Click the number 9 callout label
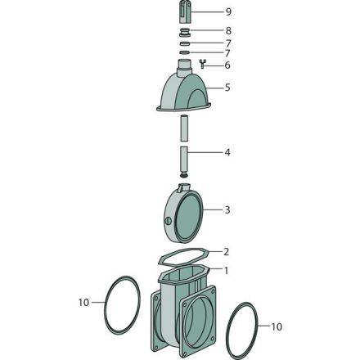tap(228, 12)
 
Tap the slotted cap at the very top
tap(185, 12)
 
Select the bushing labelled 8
tap(185, 32)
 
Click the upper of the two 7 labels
tap(227, 43)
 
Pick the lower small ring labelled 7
tap(185, 52)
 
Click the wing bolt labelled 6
tap(203, 64)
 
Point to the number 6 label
tap(227, 65)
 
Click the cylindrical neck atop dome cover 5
tap(185, 67)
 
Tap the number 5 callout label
tap(227, 88)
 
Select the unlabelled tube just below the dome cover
tap(184, 128)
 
